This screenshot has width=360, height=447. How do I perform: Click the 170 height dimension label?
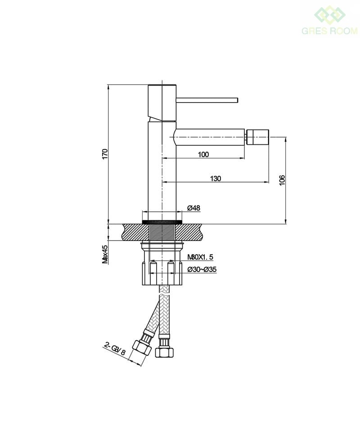[x=105, y=154]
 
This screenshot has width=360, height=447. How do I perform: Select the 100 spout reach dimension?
[x=203, y=155]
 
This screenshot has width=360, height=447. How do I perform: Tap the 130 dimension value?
[x=216, y=179]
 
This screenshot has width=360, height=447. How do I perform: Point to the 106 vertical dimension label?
[x=282, y=180]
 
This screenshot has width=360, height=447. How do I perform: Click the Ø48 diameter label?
[x=193, y=208]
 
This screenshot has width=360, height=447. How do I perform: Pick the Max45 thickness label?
[x=105, y=254]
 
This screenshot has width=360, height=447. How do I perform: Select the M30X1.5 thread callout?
[x=200, y=257]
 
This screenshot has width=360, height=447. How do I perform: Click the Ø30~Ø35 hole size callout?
[x=202, y=269]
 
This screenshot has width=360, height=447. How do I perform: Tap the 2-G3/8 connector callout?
[x=115, y=349]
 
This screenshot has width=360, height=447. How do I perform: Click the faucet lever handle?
[x=207, y=100]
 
